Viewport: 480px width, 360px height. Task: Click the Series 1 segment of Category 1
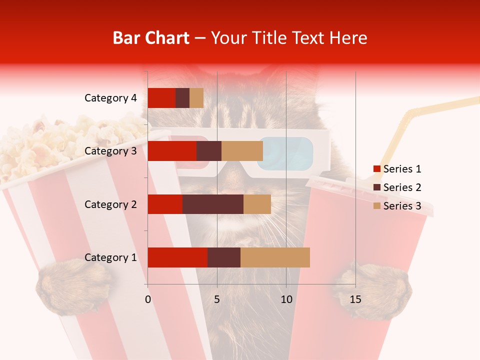point(177,257)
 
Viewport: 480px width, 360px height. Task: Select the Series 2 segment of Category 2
point(213,204)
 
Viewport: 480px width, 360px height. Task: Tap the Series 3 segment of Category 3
point(242,151)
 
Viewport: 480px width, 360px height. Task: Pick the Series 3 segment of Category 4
point(196,98)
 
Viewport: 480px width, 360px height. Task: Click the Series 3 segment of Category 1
point(275,257)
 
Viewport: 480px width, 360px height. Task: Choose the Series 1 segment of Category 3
point(172,151)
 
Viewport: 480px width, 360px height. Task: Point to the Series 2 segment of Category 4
point(182,98)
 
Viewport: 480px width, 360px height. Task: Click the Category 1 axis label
point(110,257)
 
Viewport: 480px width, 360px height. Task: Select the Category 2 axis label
point(110,204)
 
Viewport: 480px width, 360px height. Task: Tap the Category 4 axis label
point(110,98)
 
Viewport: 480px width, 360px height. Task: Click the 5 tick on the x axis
point(217,299)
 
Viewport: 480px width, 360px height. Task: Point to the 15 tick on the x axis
point(355,299)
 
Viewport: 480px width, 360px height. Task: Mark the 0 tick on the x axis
point(148,299)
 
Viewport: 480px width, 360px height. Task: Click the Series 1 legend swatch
point(376,169)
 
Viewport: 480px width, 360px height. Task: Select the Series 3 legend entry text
point(402,206)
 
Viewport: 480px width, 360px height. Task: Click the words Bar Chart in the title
point(151,37)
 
